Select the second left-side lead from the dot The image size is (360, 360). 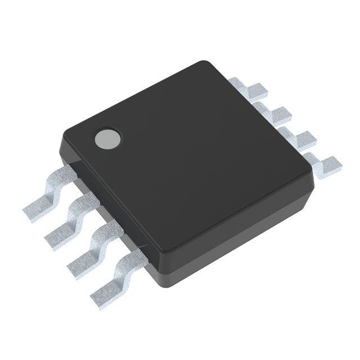70,221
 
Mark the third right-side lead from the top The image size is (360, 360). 299,138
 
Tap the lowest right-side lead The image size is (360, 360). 324,163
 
